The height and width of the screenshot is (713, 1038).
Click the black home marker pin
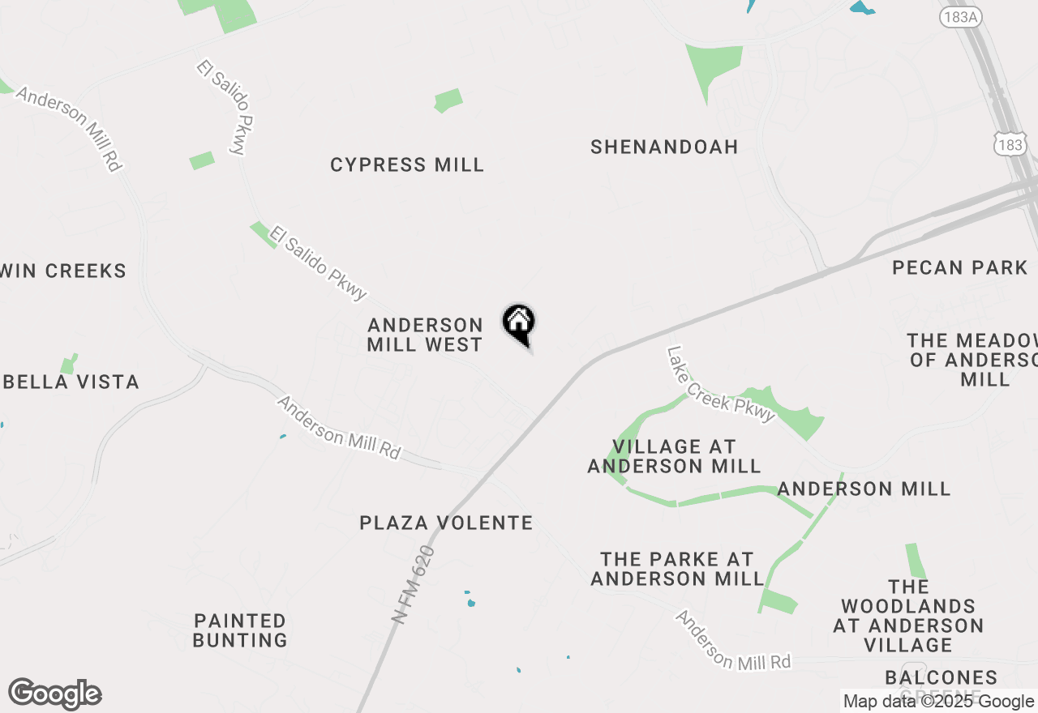click(519, 323)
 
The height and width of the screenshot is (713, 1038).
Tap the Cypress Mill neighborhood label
click(407, 165)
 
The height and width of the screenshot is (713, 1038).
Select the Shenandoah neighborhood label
click(664, 147)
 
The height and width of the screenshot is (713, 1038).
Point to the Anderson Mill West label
click(425, 335)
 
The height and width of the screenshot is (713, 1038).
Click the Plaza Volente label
click(446, 523)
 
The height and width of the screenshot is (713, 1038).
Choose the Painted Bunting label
click(240, 630)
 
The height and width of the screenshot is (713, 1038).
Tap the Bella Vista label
click(78, 382)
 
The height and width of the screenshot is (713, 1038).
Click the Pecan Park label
click(959, 268)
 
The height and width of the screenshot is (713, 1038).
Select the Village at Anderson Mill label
click(674, 456)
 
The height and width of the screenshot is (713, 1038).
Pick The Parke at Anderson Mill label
click(677, 569)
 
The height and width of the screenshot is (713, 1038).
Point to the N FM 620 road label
click(413, 584)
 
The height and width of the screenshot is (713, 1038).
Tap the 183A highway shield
click(959, 18)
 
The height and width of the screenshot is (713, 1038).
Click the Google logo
click(54, 694)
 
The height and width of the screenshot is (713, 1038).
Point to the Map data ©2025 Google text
click(938, 702)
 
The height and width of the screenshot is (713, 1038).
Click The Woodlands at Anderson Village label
click(908, 616)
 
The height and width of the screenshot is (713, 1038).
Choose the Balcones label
click(941, 677)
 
